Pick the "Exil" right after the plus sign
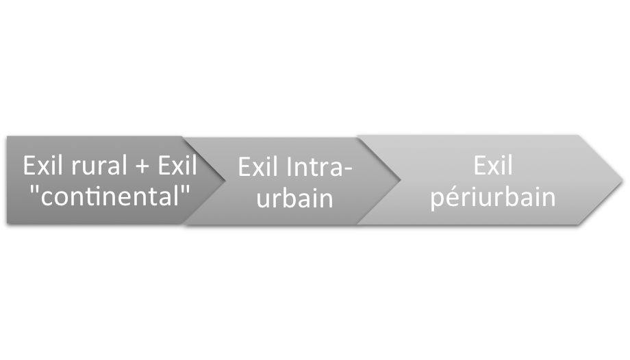coord(177,166)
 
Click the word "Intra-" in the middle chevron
coord(318,168)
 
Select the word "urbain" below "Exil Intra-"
coord(295,198)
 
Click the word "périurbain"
coord(492,198)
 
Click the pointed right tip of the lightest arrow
coord(622,180)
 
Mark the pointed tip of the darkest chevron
coord(225,181)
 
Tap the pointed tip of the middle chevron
coord(399,181)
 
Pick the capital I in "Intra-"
coord(291,168)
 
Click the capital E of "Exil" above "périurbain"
coord(478,166)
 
